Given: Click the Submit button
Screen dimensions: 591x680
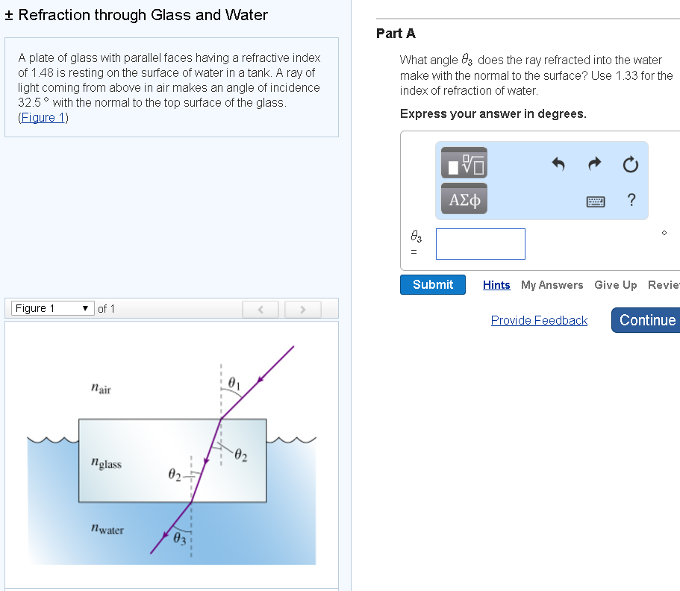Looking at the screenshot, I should (432, 285).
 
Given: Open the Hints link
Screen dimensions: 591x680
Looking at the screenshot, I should (496, 285).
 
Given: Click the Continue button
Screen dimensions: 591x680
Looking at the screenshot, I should (646, 320).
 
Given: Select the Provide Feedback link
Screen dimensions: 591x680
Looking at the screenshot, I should (539, 320).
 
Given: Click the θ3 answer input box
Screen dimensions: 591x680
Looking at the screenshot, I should (480, 244).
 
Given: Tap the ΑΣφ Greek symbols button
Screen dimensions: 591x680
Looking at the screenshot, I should (464, 199).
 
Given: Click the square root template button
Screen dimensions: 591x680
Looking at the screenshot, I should (464, 162).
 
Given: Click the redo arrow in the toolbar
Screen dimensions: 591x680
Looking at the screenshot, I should (595, 163).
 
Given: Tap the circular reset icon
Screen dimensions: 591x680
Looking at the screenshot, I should (631, 164).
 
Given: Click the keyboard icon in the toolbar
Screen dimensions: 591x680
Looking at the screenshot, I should (595, 201).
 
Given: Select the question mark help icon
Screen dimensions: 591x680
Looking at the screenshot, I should (631, 199).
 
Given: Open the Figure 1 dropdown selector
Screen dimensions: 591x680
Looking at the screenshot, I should (52, 308).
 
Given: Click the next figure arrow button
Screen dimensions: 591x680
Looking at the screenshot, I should (303, 309).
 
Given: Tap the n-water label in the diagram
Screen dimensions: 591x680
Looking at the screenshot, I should (107, 530).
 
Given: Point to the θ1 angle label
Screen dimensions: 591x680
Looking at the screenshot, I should (234, 383).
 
